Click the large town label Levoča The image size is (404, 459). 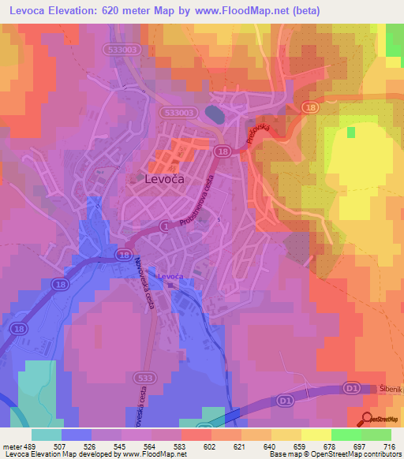click(166, 180)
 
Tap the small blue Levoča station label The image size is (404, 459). click(170, 277)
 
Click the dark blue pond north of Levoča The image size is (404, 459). click(213, 114)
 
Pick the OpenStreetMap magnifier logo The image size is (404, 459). click(368, 419)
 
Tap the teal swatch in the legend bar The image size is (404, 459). click(47, 434)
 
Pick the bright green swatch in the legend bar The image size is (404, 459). click(346, 434)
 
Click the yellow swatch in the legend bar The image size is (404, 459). click(316, 434)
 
